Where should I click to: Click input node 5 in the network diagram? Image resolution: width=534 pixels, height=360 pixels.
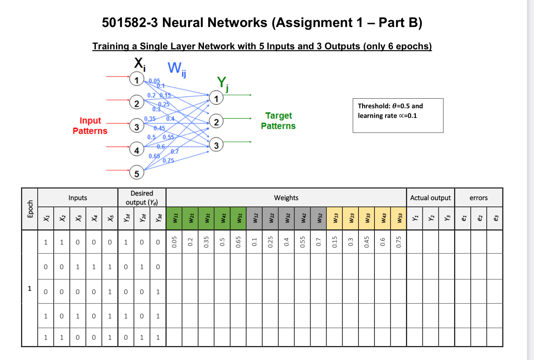[x=137, y=173]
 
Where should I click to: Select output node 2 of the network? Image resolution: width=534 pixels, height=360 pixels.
[x=216, y=122]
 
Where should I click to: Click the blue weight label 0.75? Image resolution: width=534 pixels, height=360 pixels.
[x=168, y=161]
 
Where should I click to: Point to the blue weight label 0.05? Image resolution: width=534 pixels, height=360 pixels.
[x=154, y=81]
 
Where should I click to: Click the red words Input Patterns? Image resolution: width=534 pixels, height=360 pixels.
[x=90, y=126]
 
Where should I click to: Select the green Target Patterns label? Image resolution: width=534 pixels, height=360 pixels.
[x=278, y=121]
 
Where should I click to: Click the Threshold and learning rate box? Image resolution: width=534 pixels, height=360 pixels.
[x=398, y=115]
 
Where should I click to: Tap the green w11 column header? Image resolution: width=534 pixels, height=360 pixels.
[x=174, y=218]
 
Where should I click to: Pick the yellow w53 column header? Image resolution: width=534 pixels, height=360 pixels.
[x=398, y=218]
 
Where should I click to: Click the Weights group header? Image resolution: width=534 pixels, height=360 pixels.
[x=286, y=198]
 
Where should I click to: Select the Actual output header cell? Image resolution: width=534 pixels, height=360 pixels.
[x=430, y=198]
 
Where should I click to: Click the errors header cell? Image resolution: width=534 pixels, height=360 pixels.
[x=478, y=198]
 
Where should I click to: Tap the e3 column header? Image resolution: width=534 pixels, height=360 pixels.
[x=495, y=218]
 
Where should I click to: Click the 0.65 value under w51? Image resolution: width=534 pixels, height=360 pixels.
[x=238, y=242]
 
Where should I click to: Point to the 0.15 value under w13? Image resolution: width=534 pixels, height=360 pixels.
[x=334, y=242]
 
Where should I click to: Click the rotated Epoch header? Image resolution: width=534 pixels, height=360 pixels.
[x=30, y=209]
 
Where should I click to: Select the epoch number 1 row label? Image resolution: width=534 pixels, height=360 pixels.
[x=30, y=288]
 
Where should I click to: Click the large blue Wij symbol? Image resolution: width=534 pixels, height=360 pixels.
[x=177, y=69]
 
